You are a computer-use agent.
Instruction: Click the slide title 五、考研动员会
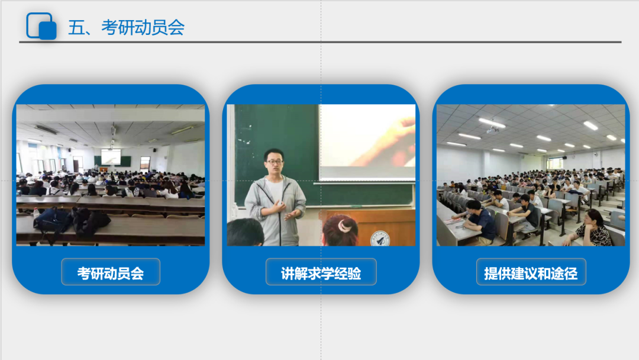coord(126,27)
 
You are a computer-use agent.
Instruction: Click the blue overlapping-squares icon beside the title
coord(41,26)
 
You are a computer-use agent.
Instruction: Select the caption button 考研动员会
coord(111,272)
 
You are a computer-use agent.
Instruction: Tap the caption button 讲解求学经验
coord(321,272)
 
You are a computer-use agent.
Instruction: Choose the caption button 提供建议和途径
coord(531,272)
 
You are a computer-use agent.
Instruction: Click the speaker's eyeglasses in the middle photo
coord(275,162)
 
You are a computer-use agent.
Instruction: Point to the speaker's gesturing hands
coord(288,210)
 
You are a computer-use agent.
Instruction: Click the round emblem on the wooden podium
coord(380,239)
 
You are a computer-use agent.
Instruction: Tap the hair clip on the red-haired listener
coord(345,224)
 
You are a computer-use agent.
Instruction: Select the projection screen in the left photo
coord(111,156)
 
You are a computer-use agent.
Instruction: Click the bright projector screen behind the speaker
coord(367,142)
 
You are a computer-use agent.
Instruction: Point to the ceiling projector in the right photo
coord(493,130)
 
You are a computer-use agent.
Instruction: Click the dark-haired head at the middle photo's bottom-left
coord(245,232)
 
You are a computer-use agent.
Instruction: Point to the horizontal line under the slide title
coord(320,42)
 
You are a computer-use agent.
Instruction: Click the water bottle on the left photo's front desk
coord(36,213)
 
